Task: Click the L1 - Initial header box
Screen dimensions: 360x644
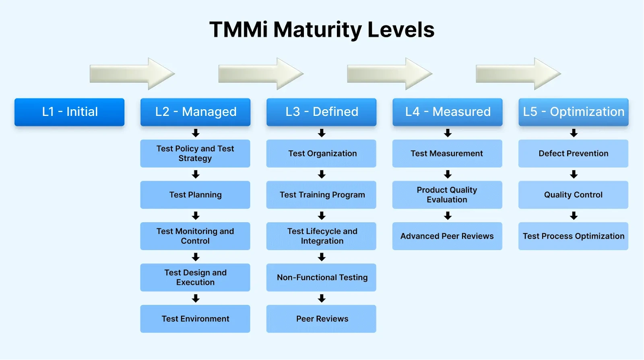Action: click(x=69, y=112)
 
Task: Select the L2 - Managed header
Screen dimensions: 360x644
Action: click(x=195, y=112)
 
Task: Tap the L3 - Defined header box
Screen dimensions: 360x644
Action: click(x=321, y=112)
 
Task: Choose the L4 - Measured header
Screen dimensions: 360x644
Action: click(x=447, y=112)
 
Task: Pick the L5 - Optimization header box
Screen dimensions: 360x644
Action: click(x=573, y=112)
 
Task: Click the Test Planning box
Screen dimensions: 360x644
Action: click(x=195, y=195)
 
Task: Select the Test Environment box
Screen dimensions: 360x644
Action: click(x=195, y=319)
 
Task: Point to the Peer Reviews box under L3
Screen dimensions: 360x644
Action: click(x=321, y=319)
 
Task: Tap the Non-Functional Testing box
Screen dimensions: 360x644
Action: click(x=321, y=277)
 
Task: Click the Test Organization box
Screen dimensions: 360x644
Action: click(x=321, y=153)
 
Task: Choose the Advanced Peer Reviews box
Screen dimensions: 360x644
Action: click(x=447, y=236)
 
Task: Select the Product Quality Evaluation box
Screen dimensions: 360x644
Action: click(x=447, y=195)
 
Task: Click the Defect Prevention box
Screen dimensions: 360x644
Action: click(x=573, y=153)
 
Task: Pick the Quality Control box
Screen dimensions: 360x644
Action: click(x=573, y=195)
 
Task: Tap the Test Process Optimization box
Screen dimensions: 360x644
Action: click(x=573, y=236)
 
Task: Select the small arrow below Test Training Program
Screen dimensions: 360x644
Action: click(x=322, y=216)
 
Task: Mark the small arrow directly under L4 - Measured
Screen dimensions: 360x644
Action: click(x=448, y=133)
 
